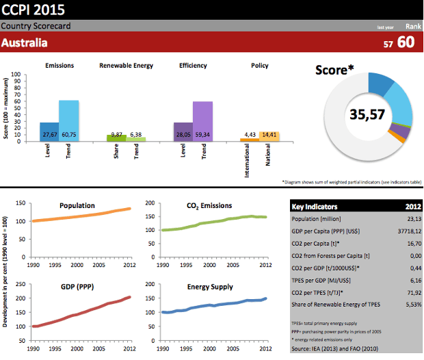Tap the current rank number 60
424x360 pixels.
click(406, 42)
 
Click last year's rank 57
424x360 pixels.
click(388, 44)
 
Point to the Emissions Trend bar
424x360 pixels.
click(68, 120)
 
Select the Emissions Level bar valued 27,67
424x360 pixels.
click(49, 132)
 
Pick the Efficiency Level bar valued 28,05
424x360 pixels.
click(183, 132)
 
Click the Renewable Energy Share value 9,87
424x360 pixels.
click(116, 135)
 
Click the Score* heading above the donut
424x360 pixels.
click(334, 70)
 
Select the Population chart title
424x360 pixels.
click(77, 205)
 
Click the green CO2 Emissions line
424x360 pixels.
click(205, 223)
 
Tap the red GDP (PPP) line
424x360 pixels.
click(82, 319)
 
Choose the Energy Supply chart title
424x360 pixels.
click(209, 287)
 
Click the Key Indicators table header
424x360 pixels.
click(315, 205)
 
